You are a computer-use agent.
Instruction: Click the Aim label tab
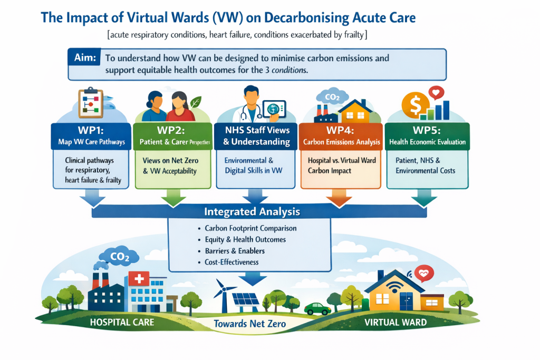point(84,57)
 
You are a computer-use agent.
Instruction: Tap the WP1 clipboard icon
point(91,102)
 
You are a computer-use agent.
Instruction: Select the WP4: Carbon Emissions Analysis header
point(341,137)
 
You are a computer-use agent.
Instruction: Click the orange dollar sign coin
point(416,105)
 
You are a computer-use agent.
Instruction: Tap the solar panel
point(246,299)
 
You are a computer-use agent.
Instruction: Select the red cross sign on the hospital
point(139,278)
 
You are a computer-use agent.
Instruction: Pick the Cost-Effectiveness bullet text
point(232,262)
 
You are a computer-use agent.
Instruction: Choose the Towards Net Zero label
point(249,324)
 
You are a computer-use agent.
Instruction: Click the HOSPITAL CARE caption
point(122,323)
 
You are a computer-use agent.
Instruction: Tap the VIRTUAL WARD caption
point(396,323)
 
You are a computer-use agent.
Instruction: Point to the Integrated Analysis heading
point(252,211)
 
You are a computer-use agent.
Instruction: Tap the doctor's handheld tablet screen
point(274,110)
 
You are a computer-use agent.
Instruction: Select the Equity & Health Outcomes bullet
point(245,239)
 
